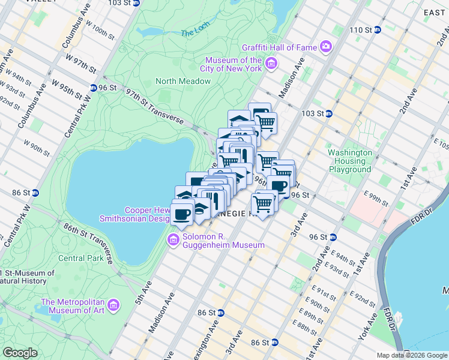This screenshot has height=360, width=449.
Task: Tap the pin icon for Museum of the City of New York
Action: [271, 64]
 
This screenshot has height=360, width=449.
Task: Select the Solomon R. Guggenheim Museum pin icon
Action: [173, 240]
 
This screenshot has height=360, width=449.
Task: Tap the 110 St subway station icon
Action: [377, 29]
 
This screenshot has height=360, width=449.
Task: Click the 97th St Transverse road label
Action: [154, 106]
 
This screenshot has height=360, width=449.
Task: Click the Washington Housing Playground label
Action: [350, 161]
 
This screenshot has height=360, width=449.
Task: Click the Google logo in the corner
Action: [20, 353]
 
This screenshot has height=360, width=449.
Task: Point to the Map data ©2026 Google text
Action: [411, 355]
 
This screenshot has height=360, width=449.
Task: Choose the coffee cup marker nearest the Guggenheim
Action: [182, 213]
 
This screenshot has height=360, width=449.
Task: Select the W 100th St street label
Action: [100, 32]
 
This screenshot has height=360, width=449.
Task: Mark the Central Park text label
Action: [79, 259]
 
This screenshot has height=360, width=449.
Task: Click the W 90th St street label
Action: [35, 146]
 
